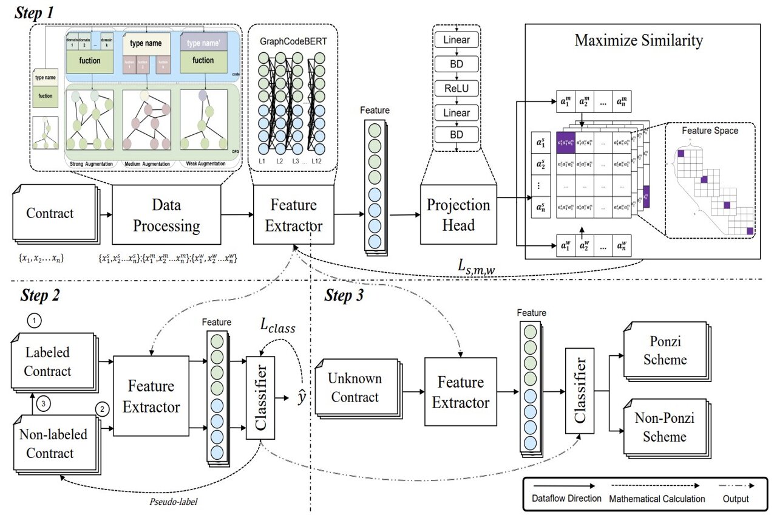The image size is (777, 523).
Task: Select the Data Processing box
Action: (x=166, y=215)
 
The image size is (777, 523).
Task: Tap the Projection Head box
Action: (x=458, y=215)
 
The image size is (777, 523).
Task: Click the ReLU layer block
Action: (x=456, y=89)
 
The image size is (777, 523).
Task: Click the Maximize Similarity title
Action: (x=639, y=41)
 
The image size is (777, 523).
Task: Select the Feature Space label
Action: (x=710, y=131)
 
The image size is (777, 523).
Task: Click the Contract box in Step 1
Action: (x=50, y=213)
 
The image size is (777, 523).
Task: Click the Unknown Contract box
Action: (x=355, y=388)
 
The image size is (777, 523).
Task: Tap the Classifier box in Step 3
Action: (x=579, y=391)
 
